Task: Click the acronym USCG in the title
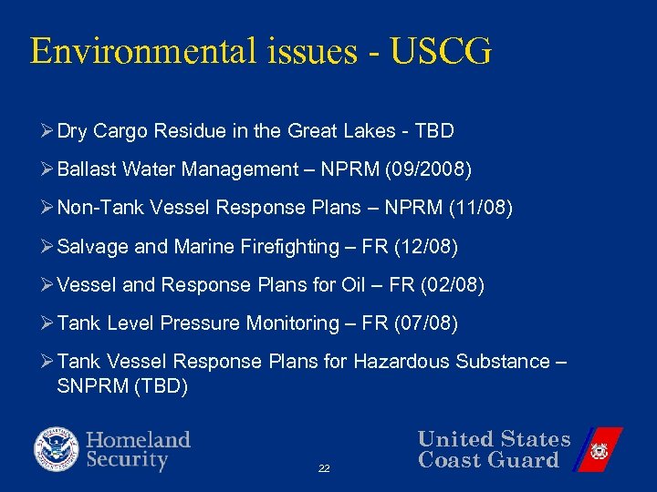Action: click(441, 51)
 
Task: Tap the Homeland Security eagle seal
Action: click(57, 449)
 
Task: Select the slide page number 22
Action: click(324, 468)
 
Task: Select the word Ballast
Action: click(86, 169)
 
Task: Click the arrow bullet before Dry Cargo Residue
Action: click(48, 131)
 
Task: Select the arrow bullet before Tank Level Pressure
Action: click(48, 323)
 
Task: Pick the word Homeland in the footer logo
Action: click(139, 440)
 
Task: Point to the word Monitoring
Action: click(298, 323)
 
